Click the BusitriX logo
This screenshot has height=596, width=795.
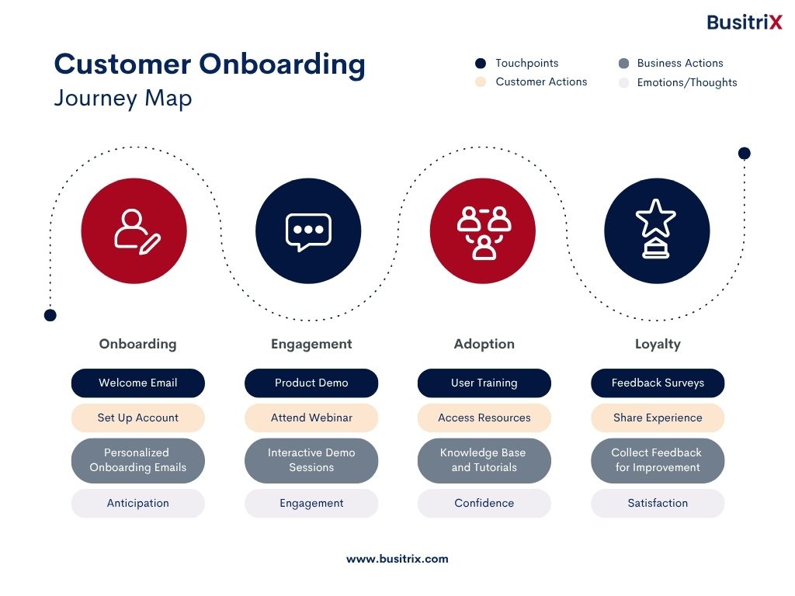pos(745,23)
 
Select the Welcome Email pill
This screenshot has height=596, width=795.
pos(138,383)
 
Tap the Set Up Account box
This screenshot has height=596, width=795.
pos(138,418)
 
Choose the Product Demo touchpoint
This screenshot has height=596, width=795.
pos(311,383)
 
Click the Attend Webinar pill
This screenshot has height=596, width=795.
pos(311,418)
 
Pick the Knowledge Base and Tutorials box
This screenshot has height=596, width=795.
pos(484,460)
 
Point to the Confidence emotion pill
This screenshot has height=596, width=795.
pos(484,503)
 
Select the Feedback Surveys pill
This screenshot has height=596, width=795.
pos(658,383)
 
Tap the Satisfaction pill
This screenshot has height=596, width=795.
pos(658,503)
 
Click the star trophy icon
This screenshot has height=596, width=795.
pos(656,229)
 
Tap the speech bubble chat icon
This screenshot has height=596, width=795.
pos(308,232)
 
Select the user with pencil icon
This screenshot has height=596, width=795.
pos(137,231)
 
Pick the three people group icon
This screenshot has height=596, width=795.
pos(484,233)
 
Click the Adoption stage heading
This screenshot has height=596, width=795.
pos(484,344)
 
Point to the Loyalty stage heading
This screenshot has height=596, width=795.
pos(658,345)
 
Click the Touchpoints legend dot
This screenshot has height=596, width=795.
pos(481,64)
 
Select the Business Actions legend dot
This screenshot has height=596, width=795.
pos(624,64)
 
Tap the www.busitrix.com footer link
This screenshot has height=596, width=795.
pos(397,559)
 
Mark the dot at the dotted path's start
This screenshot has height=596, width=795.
pos(50,315)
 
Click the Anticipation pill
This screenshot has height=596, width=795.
pos(138,503)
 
